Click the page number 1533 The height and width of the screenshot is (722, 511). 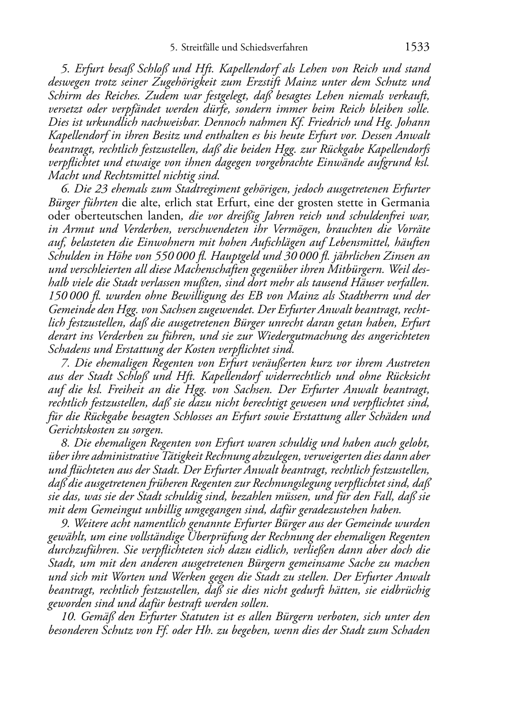[417, 47]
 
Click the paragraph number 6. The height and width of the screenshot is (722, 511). [64, 189]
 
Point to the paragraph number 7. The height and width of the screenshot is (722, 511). [64, 363]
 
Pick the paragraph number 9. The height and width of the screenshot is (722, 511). [64, 523]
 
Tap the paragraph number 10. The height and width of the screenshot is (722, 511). [67, 617]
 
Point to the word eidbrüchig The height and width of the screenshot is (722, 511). [405, 590]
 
